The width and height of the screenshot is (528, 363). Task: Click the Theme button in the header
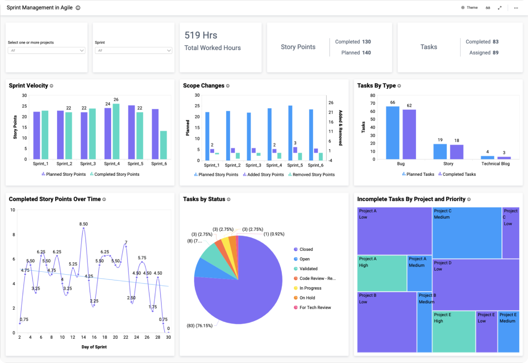(469, 8)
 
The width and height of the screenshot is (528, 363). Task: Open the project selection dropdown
(47, 50)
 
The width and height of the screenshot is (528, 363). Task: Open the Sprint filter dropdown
(133, 50)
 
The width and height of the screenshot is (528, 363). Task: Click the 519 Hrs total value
(201, 35)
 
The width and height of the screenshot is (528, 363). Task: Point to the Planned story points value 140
(366, 52)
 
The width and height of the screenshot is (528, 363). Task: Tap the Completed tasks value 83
(495, 42)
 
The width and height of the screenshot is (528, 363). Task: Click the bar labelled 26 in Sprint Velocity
(116, 131)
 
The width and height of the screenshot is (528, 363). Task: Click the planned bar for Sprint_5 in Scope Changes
(290, 133)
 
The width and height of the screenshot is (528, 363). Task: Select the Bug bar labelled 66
(392, 132)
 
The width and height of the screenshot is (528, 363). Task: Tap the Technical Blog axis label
(495, 164)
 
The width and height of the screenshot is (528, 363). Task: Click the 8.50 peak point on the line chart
(84, 228)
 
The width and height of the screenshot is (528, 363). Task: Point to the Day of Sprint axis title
(94, 347)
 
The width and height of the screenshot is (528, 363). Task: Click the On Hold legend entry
(307, 298)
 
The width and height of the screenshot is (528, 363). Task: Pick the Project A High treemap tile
(382, 273)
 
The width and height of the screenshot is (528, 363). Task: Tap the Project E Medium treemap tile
(508, 332)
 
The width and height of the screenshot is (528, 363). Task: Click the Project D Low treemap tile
(476, 284)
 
